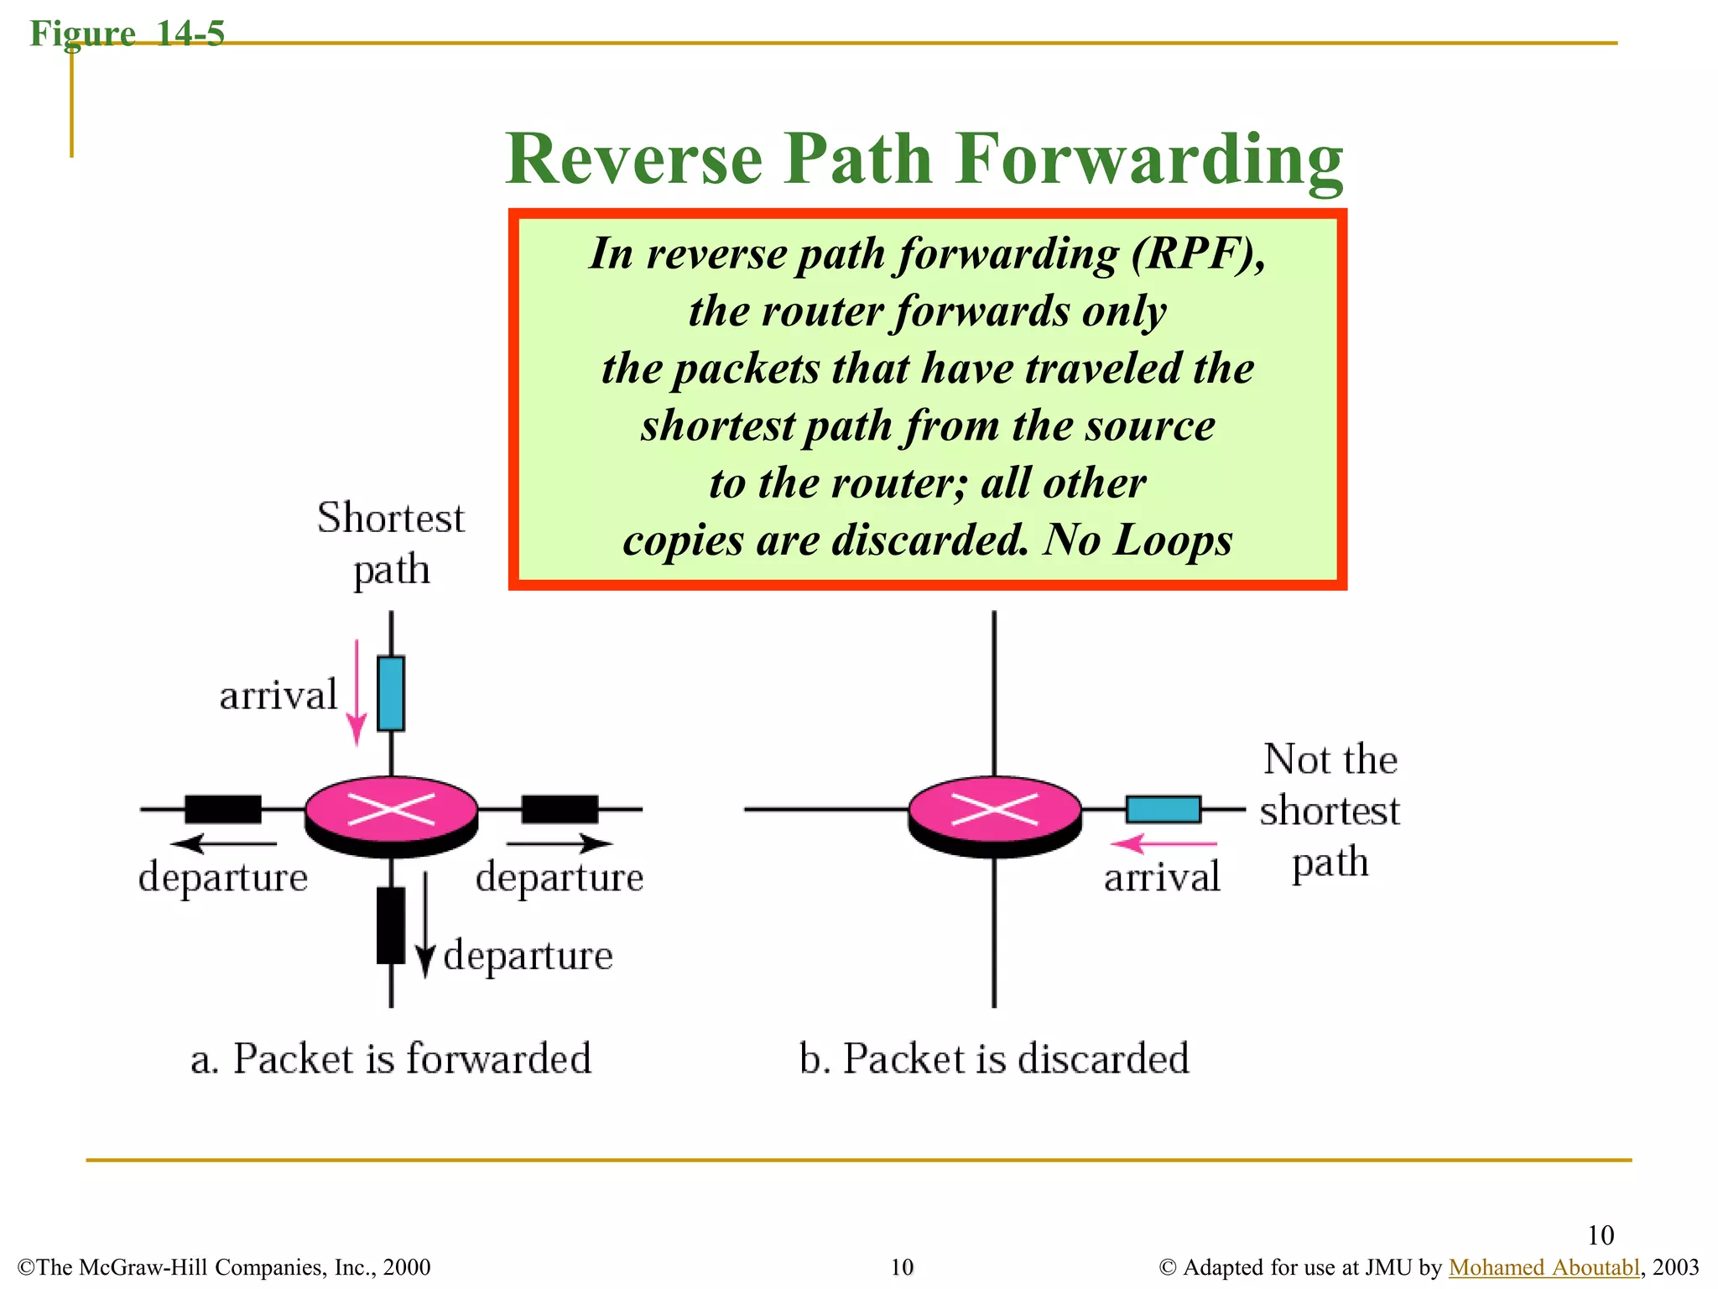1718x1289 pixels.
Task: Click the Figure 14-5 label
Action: click(127, 34)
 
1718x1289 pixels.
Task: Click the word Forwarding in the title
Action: click(1149, 159)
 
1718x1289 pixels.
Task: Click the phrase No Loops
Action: click(1137, 540)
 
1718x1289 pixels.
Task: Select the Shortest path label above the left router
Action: click(391, 543)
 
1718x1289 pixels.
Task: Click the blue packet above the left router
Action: click(391, 693)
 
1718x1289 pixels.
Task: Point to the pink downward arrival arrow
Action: click(357, 693)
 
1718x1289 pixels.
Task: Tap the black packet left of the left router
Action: click(222, 809)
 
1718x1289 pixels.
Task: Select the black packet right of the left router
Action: click(560, 809)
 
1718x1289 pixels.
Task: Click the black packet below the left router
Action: click(391, 925)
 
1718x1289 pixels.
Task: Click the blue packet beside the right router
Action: click(1163, 809)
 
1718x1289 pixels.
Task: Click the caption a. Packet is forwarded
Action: click(391, 1058)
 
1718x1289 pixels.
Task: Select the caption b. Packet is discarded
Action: click(994, 1058)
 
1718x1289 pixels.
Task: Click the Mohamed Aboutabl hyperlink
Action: click(1544, 1267)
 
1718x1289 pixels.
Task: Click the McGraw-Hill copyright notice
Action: click(224, 1267)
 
